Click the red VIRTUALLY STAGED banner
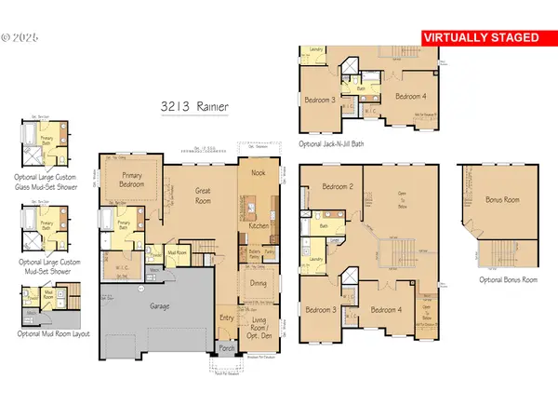pyautogui.click(x=481, y=37)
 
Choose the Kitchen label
pyautogui.click(x=259, y=226)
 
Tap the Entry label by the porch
pyautogui.click(x=227, y=318)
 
